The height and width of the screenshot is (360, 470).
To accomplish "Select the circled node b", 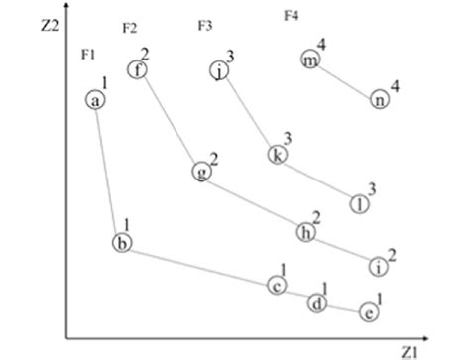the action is tap(121, 243).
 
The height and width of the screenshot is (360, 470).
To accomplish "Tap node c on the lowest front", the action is tap(278, 286).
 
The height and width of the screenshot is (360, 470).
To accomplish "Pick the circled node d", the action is tap(316, 303).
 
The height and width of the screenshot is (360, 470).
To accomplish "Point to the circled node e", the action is tap(368, 312).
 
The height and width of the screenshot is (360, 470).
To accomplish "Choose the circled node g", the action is tap(202, 172).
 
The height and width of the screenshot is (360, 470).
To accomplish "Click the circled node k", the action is tap(277, 154).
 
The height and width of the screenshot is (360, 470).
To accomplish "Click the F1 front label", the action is tap(87, 52).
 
